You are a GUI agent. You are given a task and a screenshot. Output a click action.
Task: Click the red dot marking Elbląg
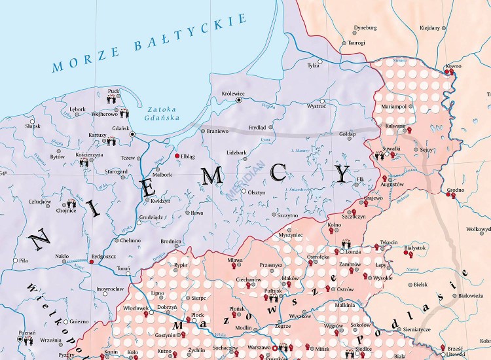click(x=176, y=156)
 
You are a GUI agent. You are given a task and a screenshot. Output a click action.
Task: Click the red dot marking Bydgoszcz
click(x=92, y=262)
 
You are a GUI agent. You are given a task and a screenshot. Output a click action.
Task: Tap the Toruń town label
click(x=122, y=268)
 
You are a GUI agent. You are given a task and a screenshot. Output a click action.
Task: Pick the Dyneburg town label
click(x=365, y=27)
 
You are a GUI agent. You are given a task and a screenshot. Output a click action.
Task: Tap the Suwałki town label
click(x=391, y=149)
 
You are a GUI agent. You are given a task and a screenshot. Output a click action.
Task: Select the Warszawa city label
click(x=259, y=347)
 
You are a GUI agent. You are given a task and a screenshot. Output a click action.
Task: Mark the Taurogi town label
click(x=356, y=43)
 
